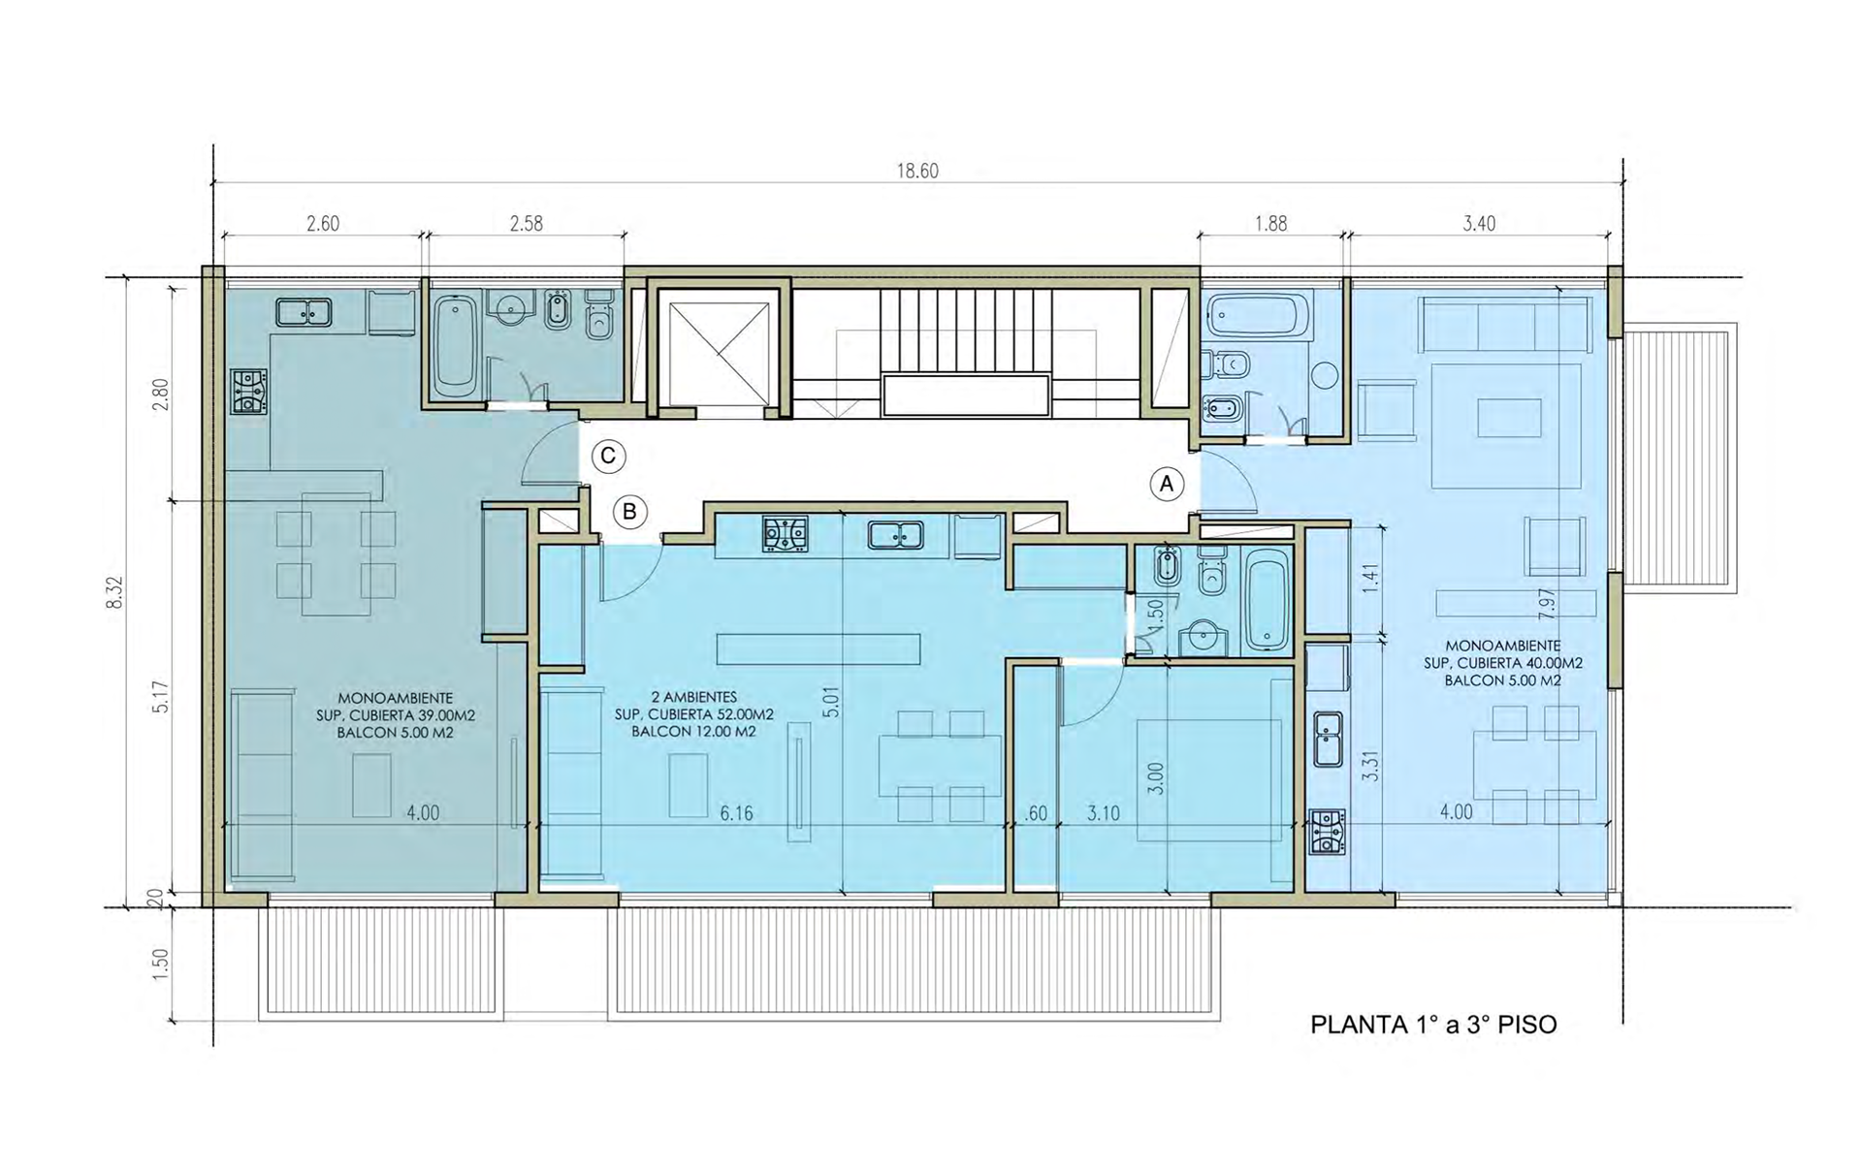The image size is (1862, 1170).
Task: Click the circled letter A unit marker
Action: [1167, 484]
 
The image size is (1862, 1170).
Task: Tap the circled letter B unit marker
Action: [629, 512]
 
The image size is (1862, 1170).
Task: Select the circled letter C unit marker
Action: [608, 457]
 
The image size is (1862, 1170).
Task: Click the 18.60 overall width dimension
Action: [916, 172]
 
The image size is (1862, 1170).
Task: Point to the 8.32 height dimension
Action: [115, 593]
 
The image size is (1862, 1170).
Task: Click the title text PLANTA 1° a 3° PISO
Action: [1433, 1025]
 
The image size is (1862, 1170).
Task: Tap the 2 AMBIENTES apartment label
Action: [694, 697]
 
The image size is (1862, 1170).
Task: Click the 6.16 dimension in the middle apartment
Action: [736, 813]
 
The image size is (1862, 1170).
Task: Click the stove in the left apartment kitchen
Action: [249, 392]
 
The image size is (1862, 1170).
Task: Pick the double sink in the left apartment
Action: [304, 312]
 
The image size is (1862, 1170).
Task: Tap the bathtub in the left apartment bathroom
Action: [453, 346]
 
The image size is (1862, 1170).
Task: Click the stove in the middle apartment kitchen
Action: [786, 534]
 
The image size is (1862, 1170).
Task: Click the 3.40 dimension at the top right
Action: [1478, 224]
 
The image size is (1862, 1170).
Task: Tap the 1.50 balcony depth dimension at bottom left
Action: [162, 964]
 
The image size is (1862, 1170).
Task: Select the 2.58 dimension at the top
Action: [526, 224]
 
